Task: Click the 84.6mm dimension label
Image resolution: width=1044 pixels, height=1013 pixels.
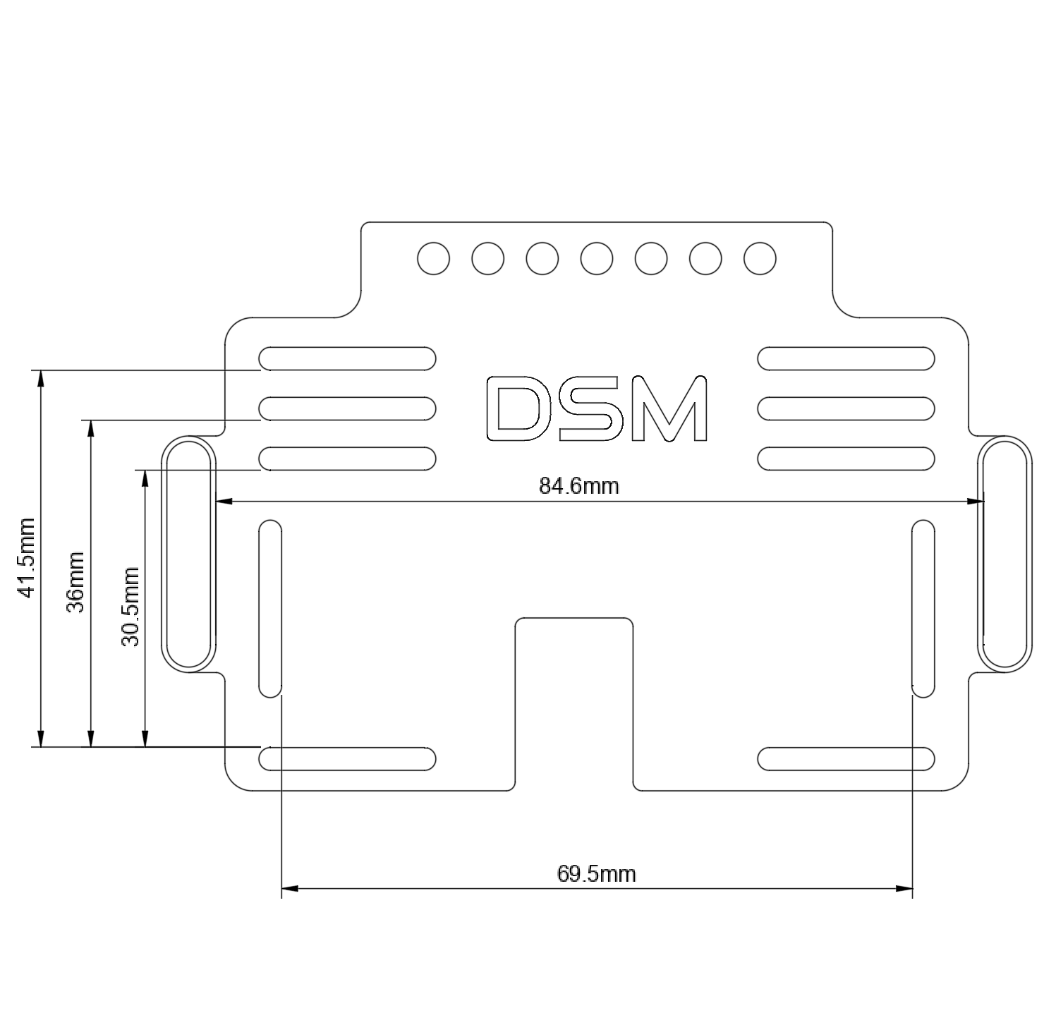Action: pos(578,485)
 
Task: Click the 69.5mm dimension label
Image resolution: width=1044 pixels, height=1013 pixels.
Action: pos(597,874)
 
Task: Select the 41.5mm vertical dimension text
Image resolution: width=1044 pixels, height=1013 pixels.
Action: pos(26,557)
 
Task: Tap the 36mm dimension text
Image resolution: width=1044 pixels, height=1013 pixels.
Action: pos(75,582)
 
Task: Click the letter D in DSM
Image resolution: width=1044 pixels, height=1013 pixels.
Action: pos(518,408)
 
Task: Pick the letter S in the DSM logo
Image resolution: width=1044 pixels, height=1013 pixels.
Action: pos(593,408)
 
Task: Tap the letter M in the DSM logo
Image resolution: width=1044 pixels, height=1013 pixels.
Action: pos(669,408)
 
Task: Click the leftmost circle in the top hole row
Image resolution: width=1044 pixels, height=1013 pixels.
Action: pos(433,258)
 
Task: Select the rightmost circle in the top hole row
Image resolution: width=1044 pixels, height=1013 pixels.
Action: pos(760,258)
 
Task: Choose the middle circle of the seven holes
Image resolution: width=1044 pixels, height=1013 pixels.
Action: pos(597,258)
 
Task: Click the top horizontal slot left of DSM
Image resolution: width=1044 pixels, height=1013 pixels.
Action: pos(348,358)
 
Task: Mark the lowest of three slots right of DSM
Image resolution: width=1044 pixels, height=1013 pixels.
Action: pos(846,459)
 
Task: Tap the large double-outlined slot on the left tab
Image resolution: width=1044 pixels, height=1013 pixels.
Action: pos(188,554)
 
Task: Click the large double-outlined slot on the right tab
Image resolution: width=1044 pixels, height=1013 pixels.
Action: pos(1004,554)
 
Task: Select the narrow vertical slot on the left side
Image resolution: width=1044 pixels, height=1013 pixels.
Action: pos(270,608)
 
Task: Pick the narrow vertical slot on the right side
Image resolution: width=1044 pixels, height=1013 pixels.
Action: pos(923,608)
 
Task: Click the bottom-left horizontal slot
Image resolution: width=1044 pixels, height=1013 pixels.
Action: pos(348,758)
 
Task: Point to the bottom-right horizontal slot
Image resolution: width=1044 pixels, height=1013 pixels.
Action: pos(846,758)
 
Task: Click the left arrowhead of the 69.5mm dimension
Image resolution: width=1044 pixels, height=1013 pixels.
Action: pos(289,888)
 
